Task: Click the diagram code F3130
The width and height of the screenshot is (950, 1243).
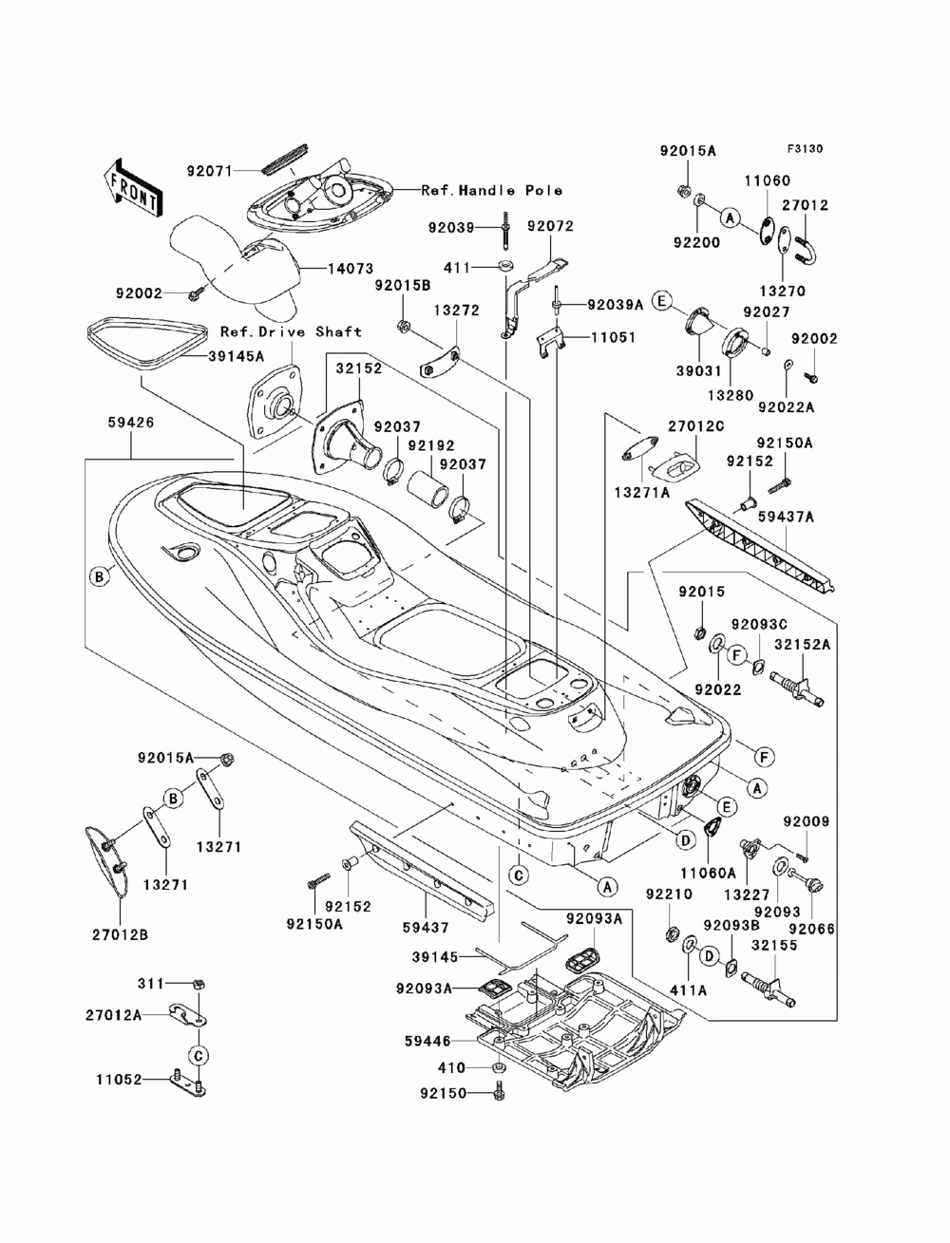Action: tap(805, 149)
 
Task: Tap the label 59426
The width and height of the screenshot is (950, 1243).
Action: tap(131, 423)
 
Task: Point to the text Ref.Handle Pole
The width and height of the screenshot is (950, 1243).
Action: tap(492, 190)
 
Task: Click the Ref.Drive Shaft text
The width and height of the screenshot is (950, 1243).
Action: tap(291, 331)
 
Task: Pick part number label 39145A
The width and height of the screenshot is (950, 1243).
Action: tap(235, 356)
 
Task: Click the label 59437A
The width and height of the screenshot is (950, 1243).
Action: tap(787, 517)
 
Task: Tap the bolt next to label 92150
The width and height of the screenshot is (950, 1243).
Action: tap(499, 1092)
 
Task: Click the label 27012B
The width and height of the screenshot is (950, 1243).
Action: tap(120, 934)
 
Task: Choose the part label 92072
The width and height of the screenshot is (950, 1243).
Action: tap(550, 226)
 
